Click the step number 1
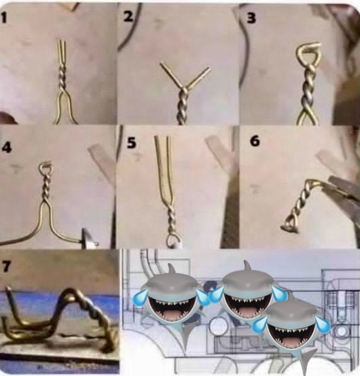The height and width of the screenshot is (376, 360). (x=3, y=17)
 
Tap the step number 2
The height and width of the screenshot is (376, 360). (x=128, y=16)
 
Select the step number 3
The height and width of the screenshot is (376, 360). (x=251, y=18)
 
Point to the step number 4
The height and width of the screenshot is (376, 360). (x=7, y=147)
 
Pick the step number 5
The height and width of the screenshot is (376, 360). (x=131, y=142)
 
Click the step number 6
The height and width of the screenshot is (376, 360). (x=255, y=141)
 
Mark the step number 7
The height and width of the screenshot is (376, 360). (x=6, y=266)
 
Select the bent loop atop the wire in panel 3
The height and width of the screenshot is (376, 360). (x=308, y=54)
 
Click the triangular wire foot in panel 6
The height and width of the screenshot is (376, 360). (x=290, y=226)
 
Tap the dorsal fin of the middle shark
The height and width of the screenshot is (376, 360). (x=247, y=267)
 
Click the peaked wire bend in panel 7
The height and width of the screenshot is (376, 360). (x=69, y=294)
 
